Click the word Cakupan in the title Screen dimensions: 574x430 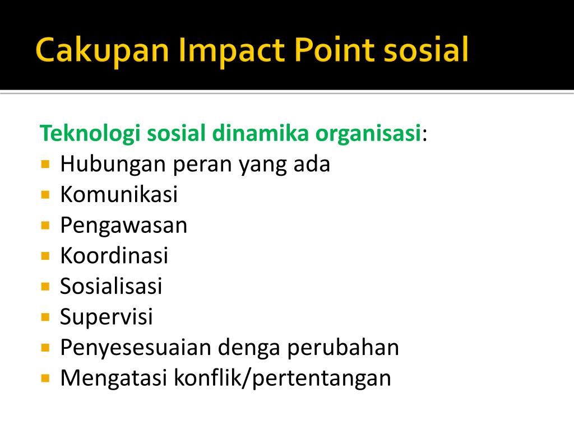(102, 50)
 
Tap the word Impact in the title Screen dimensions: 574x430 (232, 50)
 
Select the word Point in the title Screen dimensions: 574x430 (335, 49)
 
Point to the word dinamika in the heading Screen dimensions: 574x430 (260, 133)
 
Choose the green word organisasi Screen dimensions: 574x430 (368, 133)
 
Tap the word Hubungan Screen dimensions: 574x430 (113, 165)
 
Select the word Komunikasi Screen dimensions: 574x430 (119, 194)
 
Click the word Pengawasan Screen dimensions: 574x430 (124, 226)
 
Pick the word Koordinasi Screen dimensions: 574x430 (114, 255)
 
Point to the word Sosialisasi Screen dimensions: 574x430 (111, 286)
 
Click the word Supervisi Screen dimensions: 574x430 (106, 317)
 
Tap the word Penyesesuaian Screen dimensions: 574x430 (136, 348)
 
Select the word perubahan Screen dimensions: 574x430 (343, 348)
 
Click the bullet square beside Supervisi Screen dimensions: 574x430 (45, 317)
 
